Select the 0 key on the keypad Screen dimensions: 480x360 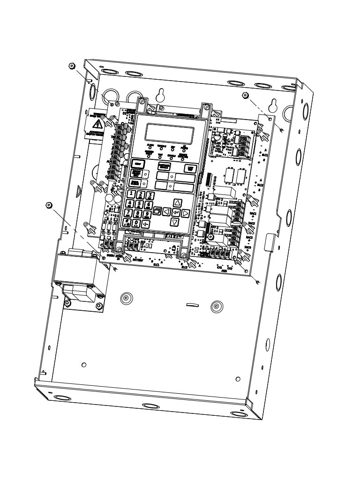point(136,223)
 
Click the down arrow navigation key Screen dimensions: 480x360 point(175,222)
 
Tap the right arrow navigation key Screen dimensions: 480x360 point(186,213)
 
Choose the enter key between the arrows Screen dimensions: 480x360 point(176,212)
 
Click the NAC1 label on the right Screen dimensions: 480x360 point(253,213)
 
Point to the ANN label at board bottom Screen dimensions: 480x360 point(222,270)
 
